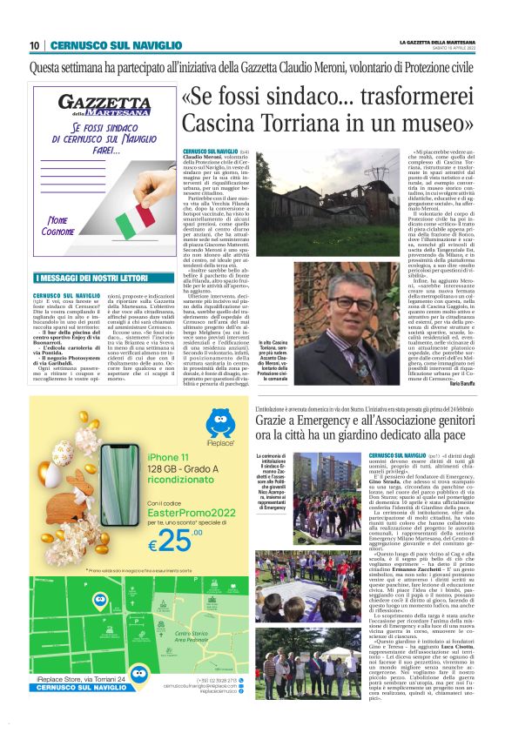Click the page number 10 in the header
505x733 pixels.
(x=35, y=45)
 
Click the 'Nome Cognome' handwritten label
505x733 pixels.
(x=64, y=226)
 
